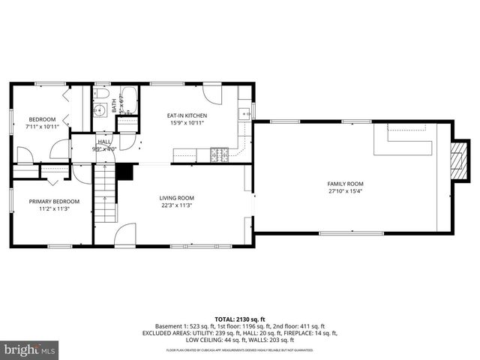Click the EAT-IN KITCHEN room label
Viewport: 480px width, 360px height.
coord(187,115)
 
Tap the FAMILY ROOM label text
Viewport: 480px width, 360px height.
coord(345,184)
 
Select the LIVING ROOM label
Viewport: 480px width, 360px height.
coord(176,198)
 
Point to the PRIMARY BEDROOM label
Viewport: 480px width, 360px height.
coord(54,201)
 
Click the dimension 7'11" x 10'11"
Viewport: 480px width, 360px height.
coord(42,127)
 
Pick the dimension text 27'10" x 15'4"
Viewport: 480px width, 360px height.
coord(345,191)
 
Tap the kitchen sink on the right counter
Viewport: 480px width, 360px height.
coord(244,115)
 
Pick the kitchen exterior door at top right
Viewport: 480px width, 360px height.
coord(212,94)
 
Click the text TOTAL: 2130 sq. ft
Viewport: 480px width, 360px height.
coord(239,318)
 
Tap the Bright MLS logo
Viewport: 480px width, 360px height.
coord(30,349)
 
